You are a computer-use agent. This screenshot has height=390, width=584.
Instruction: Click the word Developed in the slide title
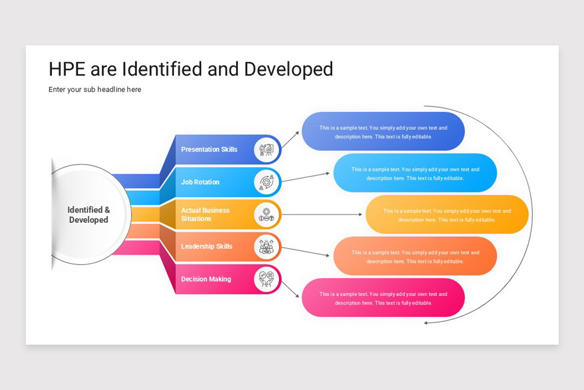pyautogui.click(x=289, y=69)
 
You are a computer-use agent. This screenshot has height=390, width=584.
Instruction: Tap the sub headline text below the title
pyautogui.click(x=95, y=90)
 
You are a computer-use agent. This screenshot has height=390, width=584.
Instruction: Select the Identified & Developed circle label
pyautogui.click(x=89, y=215)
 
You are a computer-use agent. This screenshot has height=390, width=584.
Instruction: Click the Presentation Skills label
pyautogui.click(x=209, y=149)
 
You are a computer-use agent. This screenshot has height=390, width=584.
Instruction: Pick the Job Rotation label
pyautogui.click(x=200, y=182)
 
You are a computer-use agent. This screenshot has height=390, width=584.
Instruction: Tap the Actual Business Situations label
pyautogui.click(x=205, y=214)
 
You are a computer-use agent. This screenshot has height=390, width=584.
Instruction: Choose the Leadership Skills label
pyautogui.click(x=207, y=246)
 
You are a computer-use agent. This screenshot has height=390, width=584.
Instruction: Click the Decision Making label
pyautogui.click(x=206, y=279)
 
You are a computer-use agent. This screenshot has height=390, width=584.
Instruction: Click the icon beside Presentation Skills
pyautogui.click(x=267, y=149)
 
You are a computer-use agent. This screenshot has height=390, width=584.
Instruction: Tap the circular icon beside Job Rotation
pyautogui.click(x=267, y=182)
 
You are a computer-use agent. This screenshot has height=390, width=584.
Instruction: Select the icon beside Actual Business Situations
pyautogui.click(x=267, y=214)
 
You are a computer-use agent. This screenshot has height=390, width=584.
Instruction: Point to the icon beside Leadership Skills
pyautogui.click(x=267, y=247)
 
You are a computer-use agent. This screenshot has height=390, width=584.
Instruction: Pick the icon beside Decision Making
pyautogui.click(x=267, y=279)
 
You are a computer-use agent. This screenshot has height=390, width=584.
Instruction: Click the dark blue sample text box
pyautogui.click(x=383, y=132)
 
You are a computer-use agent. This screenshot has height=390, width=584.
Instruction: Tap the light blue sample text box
pyautogui.click(x=415, y=174)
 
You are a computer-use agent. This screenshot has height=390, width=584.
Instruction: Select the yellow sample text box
pyautogui.click(x=447, y=215)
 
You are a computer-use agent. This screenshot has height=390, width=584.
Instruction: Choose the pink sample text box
pyautogui.click(x=383, y=298)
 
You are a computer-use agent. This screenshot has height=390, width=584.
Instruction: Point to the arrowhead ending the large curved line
pyautogui.click(x=426, y=323)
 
